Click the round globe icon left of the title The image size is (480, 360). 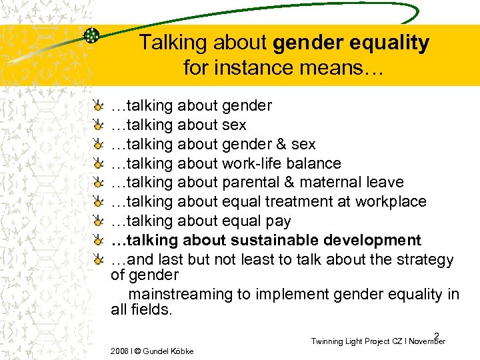(91, 36)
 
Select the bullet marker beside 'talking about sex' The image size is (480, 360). (99, 125)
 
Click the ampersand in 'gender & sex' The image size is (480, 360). (281, 144)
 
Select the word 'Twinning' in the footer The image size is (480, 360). (328, 341)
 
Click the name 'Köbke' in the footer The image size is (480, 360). (180, 351)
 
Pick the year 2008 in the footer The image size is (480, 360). (119, 351)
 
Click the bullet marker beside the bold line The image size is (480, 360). (99, 240)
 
